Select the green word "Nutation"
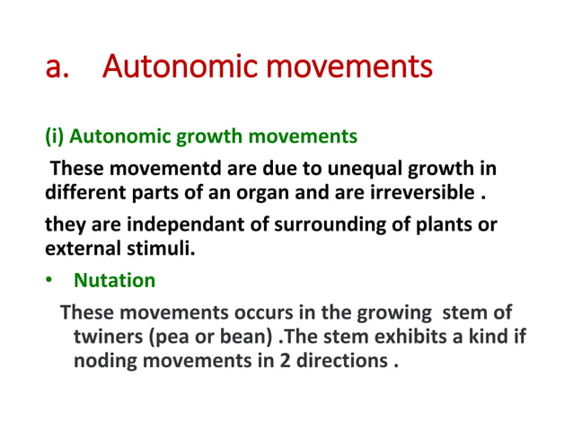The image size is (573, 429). [x=114, y=280]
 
